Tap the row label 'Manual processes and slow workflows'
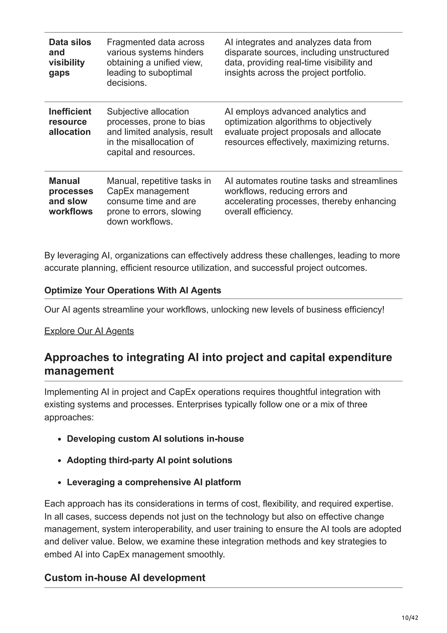[71, 196]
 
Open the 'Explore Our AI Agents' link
[89, 331]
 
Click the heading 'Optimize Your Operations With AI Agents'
[132, 290]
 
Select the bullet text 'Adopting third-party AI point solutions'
[149, 460]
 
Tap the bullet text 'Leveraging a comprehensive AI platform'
[154, 482]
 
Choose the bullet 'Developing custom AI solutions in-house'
[155, 439]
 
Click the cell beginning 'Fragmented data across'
[156, 62]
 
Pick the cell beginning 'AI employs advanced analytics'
[306, 127]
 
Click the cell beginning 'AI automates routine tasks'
[311, 196]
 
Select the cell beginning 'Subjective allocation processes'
[160, 132]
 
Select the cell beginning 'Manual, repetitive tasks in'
[159, 201]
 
